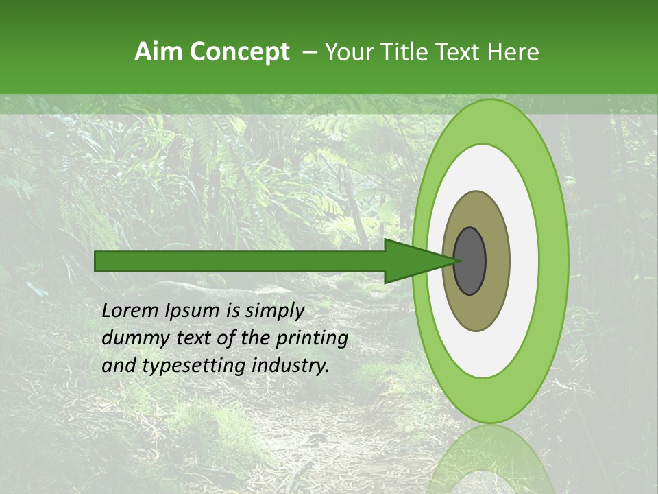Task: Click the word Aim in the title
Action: pos(160,52)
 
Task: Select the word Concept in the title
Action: pos(240,53)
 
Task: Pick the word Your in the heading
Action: pos(350,52)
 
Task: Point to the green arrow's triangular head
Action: pos(411,261)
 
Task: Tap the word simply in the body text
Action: pos(274,311)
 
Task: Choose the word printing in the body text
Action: pos(312,339)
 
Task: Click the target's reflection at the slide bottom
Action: pos(491,460)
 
